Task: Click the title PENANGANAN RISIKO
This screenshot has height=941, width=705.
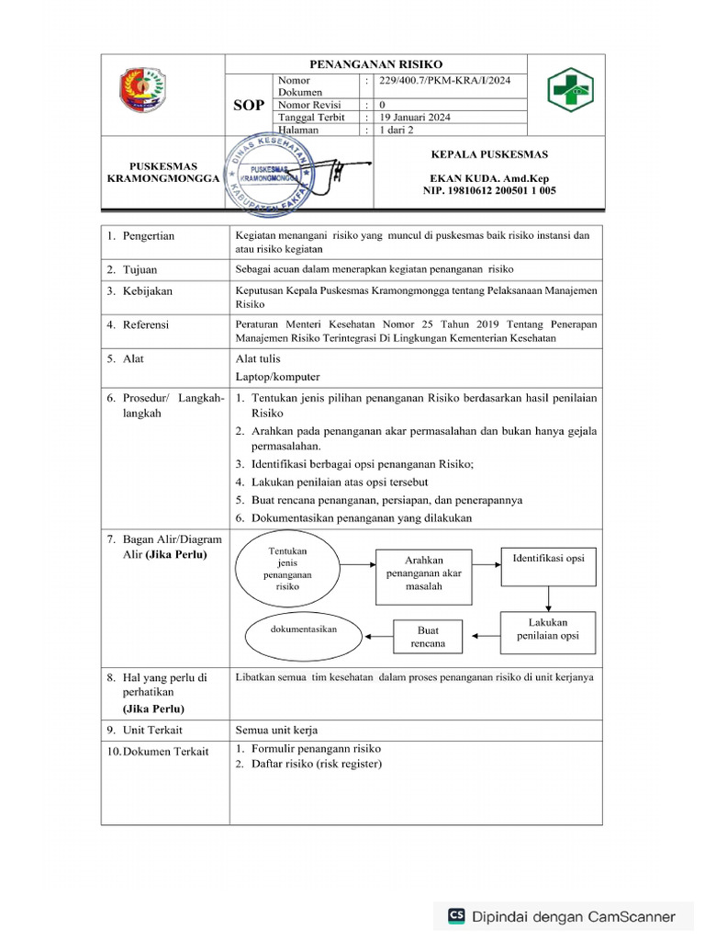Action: point(375,64)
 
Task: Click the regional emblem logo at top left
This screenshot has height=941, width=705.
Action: point(143,89)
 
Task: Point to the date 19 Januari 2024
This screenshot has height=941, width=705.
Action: point(415,118)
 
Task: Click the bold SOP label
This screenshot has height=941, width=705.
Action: point(247,106)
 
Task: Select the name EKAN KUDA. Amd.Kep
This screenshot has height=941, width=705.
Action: point(476,178)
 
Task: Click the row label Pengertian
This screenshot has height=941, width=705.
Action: point(148,236)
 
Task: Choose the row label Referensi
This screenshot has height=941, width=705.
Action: point(146,324)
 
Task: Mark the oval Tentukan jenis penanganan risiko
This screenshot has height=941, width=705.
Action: point(288,568)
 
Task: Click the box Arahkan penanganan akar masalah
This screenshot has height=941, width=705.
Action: point(423,573)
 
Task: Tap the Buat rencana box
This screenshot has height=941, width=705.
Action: point(428,637)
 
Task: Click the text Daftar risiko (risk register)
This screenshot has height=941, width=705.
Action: point(317,765)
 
